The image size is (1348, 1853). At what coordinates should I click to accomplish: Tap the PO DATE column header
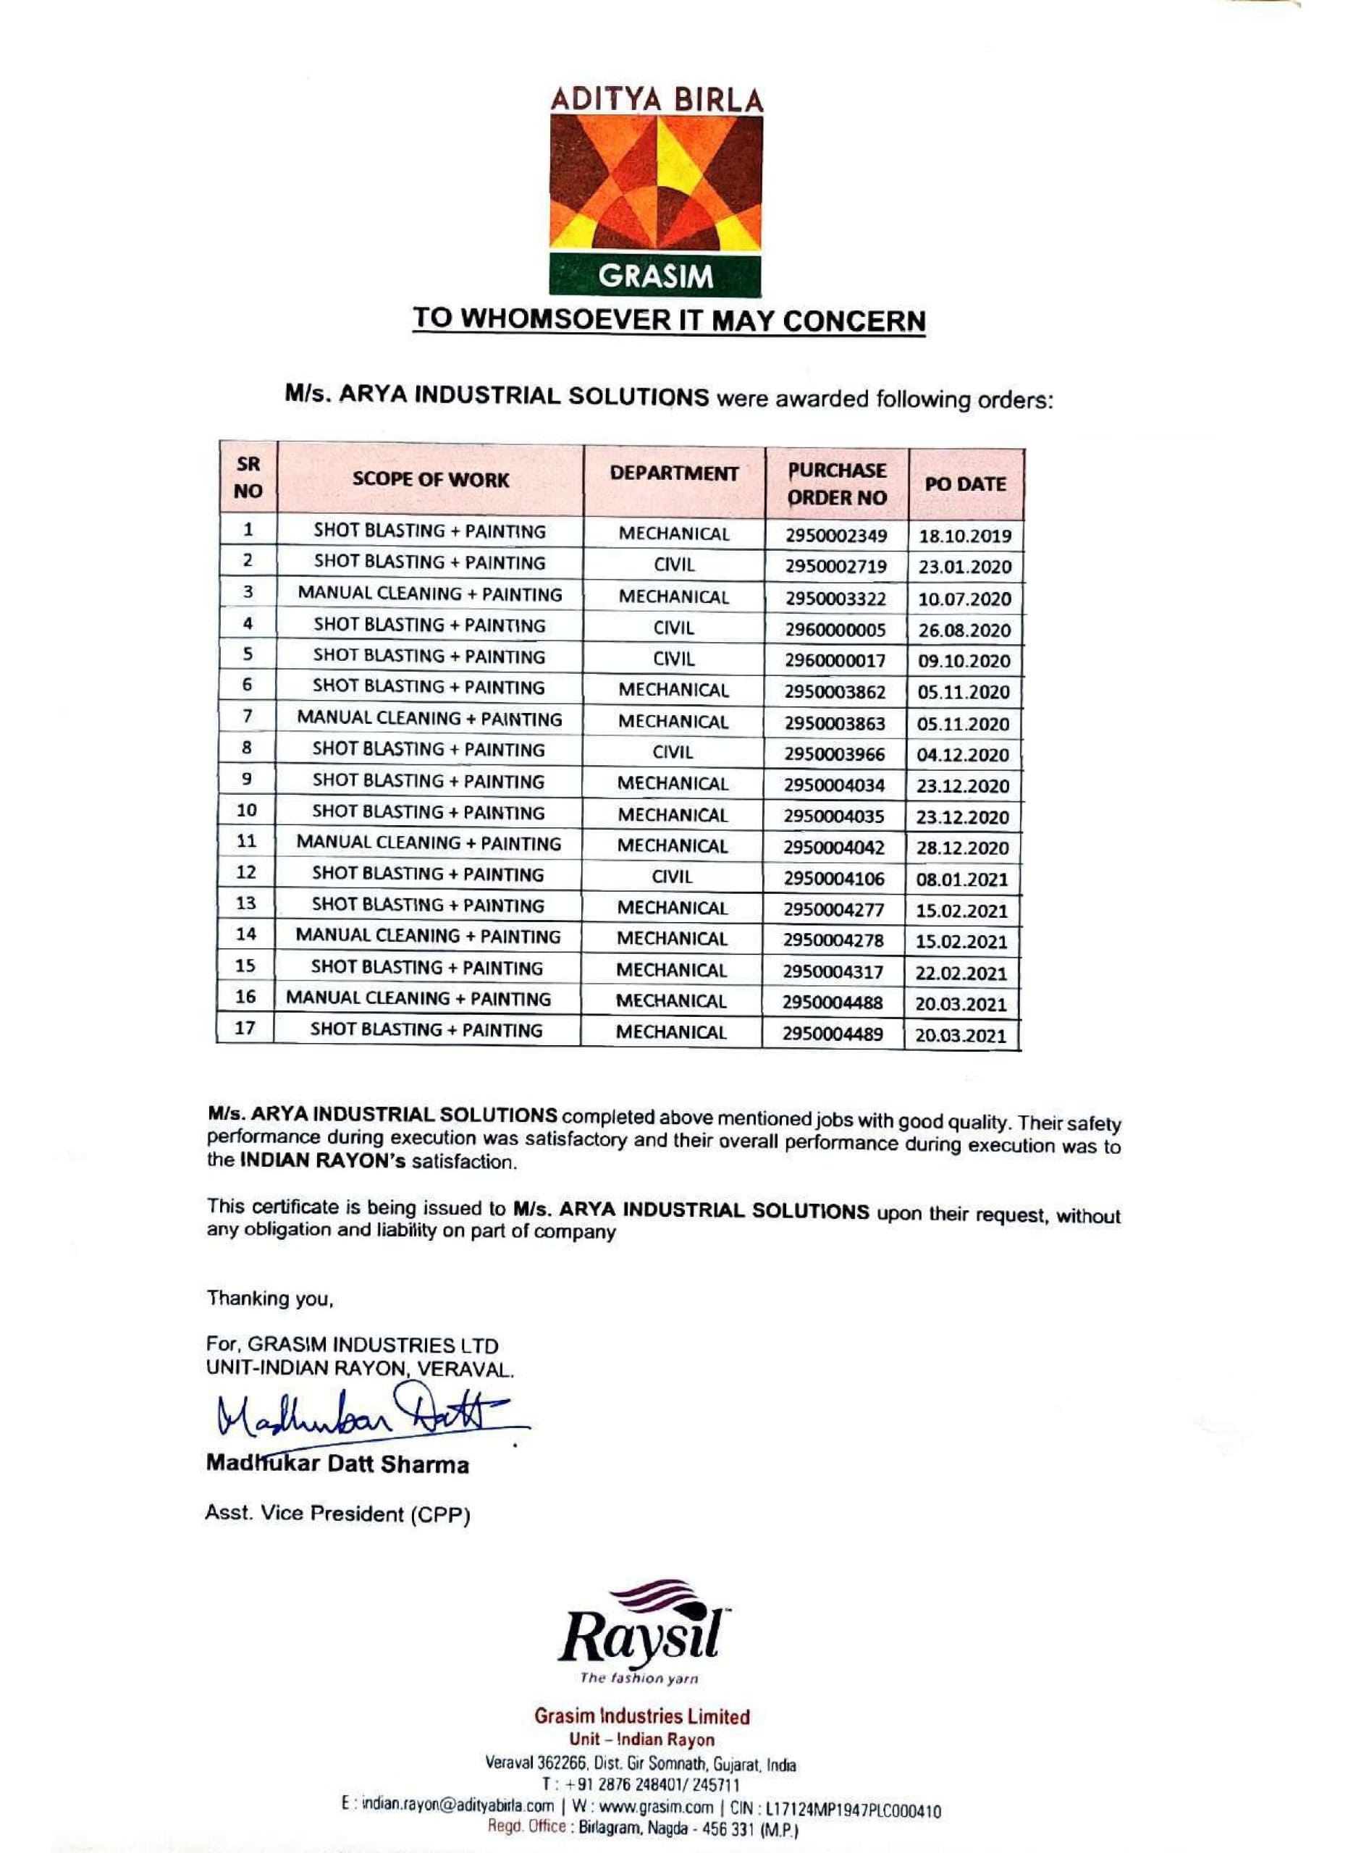pyautogui.click(x=965, y=484)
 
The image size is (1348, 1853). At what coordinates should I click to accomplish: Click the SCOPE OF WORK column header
pyautogui.click(x=431, y=480)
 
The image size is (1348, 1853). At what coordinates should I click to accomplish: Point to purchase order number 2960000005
pyautogui.click(x=835, y=629)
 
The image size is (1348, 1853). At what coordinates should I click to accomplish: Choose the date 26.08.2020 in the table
pyautogui.click(x=964, y=630)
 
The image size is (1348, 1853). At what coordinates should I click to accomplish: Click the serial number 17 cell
pyautogui.click(x=245, y=1028)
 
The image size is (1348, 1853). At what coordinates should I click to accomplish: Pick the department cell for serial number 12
pyautogui.click(x=673, y=877)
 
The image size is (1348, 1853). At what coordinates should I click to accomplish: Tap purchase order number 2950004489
pyautogui.click(x=833, y=1034)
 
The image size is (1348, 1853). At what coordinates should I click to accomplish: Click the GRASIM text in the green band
pyautogui.click(x=655, y=277)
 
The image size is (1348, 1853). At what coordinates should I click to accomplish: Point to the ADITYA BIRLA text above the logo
pyautogui.click(x=656, y=101)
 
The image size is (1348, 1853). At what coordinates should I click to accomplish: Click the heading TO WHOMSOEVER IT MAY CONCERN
pyautogui.click(x=668, y=319)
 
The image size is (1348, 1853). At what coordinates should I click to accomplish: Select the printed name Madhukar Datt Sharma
pyautogui.click(x=337, y=1464)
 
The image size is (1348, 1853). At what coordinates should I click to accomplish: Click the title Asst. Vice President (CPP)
pyautogui.click(x=337, y=1514)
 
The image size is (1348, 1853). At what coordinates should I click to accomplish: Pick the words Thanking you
pyautogui.click(x=269, y=1299)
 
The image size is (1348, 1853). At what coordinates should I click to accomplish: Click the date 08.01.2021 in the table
pyautogui.click(x=962, y=879)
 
